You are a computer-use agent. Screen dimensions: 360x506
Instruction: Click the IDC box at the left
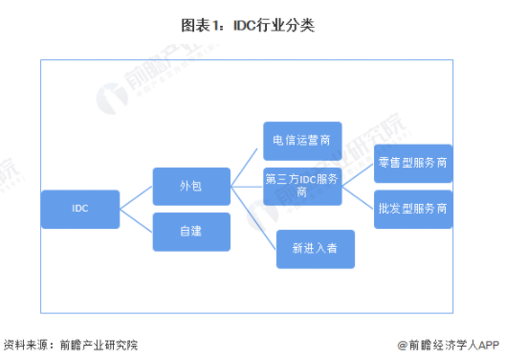coord(80,209)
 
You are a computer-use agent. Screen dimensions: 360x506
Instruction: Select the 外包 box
coord(191,185)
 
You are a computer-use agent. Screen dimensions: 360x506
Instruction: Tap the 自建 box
coord(191,232)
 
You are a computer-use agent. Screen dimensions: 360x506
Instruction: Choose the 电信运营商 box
coord(302,140)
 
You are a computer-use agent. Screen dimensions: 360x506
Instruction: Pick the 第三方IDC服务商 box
coord(302,185)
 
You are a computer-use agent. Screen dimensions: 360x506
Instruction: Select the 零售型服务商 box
coord(413,163)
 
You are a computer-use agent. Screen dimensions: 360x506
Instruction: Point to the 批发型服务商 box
coord(413,208)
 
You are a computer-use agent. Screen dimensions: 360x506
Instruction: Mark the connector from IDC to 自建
coord(136,220)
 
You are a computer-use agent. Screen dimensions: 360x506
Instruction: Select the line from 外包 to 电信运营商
coord(247,163)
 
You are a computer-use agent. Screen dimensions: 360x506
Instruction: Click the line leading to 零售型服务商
coord(359,174)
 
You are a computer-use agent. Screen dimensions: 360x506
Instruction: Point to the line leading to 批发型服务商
coord(359,196)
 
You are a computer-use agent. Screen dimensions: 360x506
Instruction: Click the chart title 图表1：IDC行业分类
coord(252,26)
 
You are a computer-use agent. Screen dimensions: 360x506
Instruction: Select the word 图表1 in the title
coord(210,26)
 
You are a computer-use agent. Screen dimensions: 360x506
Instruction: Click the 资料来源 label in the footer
coord(27,344)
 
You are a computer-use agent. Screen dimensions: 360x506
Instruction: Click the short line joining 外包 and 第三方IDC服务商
coord(247,185)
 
